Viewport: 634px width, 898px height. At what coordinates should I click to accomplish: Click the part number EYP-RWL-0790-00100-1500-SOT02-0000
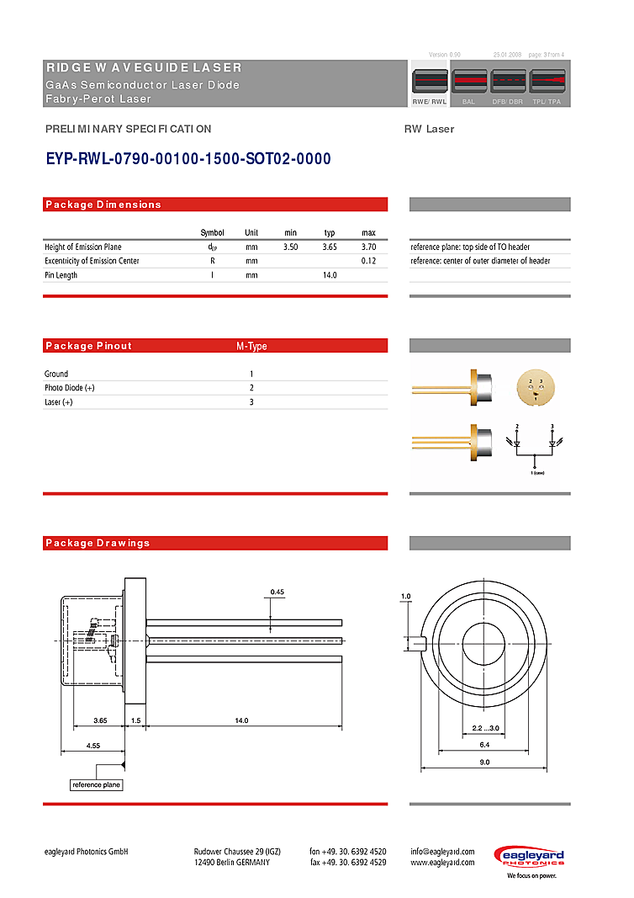pos(188,159)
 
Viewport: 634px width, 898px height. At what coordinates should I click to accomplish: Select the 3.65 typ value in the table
pos(330,247)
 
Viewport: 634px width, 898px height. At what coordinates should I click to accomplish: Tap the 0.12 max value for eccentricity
pos(368,261)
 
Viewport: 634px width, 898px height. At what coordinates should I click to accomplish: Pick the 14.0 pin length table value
pos(330,275)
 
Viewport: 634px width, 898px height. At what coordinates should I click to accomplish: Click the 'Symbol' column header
pos(212,232)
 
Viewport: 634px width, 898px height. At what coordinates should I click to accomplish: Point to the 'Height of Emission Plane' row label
pos(83,247)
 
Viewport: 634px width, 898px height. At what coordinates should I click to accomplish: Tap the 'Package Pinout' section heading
pos(88,346)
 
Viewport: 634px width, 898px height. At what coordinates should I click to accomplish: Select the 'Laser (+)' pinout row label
pos(59,402)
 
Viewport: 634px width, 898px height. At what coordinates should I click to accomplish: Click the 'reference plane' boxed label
pos(96,784)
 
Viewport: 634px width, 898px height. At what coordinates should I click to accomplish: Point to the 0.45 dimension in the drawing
pos(277,592)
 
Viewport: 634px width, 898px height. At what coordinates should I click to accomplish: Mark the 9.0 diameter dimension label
pos(484,762)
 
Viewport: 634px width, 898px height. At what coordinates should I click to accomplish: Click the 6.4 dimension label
pos(484,745)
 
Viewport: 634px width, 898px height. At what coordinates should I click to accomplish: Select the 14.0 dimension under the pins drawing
pos(242,720)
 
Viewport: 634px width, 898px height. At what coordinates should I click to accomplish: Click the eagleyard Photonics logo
pos(529,858)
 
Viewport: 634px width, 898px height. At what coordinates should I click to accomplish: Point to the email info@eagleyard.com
pos(442,851)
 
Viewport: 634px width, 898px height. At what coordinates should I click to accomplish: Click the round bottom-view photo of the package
pos(536,388)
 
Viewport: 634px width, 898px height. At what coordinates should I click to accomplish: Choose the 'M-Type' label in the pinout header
pos(251,346)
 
